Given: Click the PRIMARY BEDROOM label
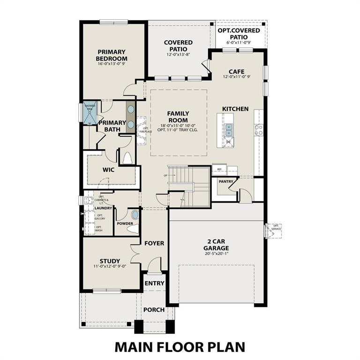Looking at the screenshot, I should tap(112, 55).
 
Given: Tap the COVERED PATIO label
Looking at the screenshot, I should tap(178, 46).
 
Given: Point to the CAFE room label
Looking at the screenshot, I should tap(237, 71).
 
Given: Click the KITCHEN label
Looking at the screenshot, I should tap(235, 109).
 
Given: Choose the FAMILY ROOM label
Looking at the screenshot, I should tap(178, 117).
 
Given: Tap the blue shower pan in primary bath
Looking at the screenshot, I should tap(90, 112).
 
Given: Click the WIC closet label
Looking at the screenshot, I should tap(109, 170).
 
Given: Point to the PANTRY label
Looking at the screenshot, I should tap(226, 181).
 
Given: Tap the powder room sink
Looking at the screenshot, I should tap(135, 215).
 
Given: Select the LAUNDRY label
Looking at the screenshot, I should tap(103, 208).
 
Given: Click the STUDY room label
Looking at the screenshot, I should tap(110, 261).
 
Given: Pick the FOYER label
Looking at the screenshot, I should tap(154, 243).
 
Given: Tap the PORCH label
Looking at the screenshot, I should tap(154, 310).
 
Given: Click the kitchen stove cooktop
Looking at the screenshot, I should tap(259, 130).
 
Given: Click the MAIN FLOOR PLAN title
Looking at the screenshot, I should tap(180, 346).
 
